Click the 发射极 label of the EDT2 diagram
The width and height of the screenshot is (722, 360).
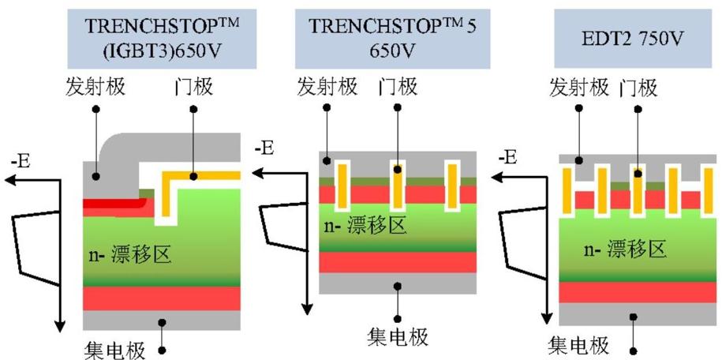(x=579, y=87)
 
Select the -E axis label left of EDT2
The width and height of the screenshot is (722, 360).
(x=509, y=158)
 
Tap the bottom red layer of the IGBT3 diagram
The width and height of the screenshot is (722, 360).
(x=161, y=298)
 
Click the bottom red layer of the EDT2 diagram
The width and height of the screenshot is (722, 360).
(x=637, y=292)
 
